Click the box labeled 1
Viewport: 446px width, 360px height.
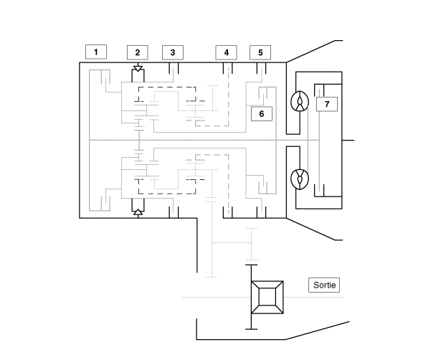pyautogui.click(x=96, y=52)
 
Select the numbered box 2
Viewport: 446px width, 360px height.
pyautogui.click(x=138, y=52)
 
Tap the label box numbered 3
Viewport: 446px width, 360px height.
pyautogui.click(x=173, y=52)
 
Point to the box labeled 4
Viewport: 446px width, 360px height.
pyautogui.click(x=226, y=52)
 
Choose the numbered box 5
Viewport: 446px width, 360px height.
pyautogui.click(x=260, y=52)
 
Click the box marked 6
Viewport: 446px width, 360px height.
pyautogui.click(x=262, y=114)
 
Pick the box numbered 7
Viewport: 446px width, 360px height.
pyautogui.click(x=327, y=104)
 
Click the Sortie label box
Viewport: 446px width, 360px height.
pyautogui.click(x=324, y=285)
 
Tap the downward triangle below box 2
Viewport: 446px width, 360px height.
pyautogui.click(x=138, y=68)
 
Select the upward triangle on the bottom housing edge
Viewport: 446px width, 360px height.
pyautogui.click(x=138, y=212)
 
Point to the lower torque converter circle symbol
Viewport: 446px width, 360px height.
pyautogui.click(x=300, y=179)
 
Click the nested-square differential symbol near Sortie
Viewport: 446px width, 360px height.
pyautogui.click(x=267, y=297)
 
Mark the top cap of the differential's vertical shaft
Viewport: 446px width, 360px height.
pyautogui.click(x=251, y=265)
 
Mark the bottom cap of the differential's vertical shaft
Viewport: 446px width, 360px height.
pyautogui.click(x=251, y=329)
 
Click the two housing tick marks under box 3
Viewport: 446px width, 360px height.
pyautogui.click(x=174, y=68)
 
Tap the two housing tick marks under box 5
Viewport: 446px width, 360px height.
pyautogui.click(x=262, y=68)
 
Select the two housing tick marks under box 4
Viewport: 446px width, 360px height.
pyautogui.click(x=227, y=68)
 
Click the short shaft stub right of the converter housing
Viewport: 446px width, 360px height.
pyautogui.click(x=348, y=140)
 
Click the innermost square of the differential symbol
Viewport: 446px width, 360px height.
pyautogui.click(x=267, y=297)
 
